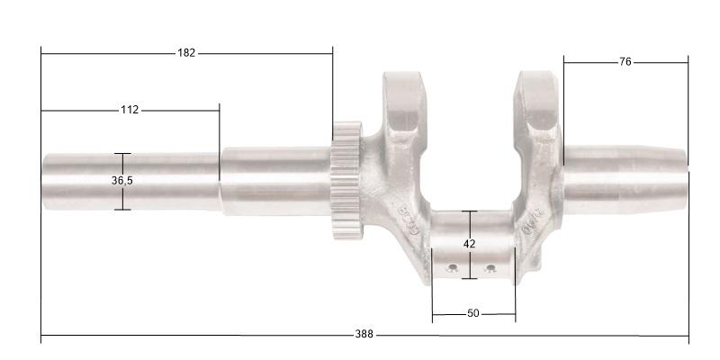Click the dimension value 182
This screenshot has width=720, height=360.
tap(185, 53)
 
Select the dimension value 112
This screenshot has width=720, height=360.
tap(130, 110)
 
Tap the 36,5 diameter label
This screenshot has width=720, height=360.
tap(122, 181)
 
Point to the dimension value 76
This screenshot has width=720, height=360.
tap(625, 62)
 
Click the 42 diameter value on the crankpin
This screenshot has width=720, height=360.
tap(469, 244)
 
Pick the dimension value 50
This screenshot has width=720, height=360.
tap(473, 314)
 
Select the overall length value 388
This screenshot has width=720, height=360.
tap(364, 335)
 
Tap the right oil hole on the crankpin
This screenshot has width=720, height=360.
tap(490, 268)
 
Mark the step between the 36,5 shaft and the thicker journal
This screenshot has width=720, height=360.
tap(220, 180)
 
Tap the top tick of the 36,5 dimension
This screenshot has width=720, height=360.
tap(122, 154)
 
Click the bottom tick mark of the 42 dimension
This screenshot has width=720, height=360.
tap(469, 278)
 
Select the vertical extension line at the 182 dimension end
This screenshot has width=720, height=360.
tap(333, 90)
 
